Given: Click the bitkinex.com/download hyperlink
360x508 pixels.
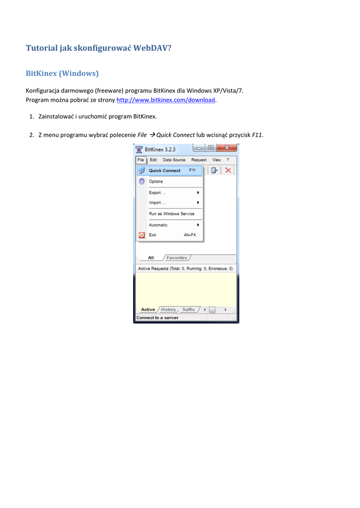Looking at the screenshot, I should click(165, 100).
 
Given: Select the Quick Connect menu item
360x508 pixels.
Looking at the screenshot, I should click(165, 171).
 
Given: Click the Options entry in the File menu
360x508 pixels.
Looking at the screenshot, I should click(156, 182).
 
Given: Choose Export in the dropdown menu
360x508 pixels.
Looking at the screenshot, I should click(157, 192).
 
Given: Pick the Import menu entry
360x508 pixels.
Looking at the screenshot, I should click(157, 203).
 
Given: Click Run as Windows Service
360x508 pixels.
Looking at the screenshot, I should click(171, 214).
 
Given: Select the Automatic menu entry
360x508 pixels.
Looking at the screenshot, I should click(158, 225).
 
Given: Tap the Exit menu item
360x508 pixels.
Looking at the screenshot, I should click(152, 235).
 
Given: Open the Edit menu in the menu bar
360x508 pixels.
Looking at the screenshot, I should click(153, 160).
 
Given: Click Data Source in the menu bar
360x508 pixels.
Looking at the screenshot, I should click(174, 160).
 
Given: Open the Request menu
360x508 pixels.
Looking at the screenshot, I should click(199, 160).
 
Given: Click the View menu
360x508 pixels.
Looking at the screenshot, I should click(216, 160).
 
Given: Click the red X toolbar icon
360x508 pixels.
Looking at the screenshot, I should click(228, 170).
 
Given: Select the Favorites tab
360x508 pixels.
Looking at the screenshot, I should click(177, 258).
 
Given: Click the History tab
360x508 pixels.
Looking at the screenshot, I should click(168, 310).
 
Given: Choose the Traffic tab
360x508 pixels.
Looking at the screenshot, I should click(188, 310).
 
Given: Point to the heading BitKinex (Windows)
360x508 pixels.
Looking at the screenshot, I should click(62, 73).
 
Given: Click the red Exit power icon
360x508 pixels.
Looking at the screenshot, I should click(142, 235).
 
